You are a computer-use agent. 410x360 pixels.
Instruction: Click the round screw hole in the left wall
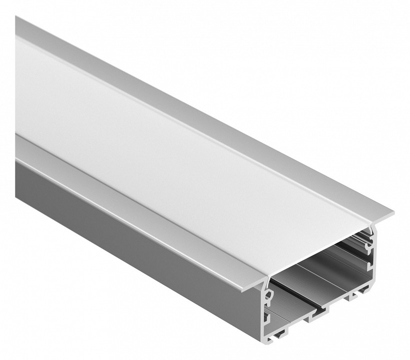[268, 295]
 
